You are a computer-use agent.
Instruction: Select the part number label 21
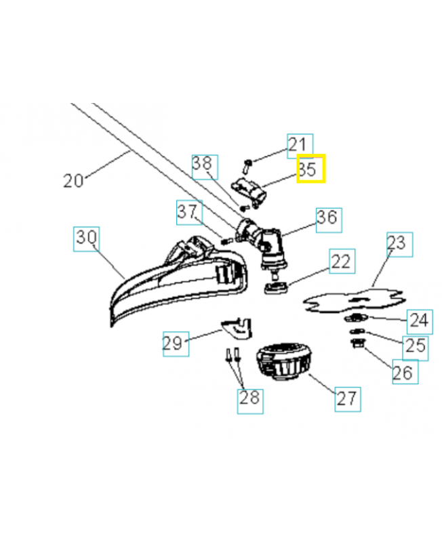click(x=299, y=145)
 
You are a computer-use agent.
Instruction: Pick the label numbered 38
click(x=204, y=165)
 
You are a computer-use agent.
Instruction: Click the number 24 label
click(x=418, y=319)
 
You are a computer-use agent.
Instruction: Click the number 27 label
click(x=347, y=398)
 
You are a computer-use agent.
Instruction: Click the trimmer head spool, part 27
click(x=283, y=363)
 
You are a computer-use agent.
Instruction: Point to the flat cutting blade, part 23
click(x=353, y=297)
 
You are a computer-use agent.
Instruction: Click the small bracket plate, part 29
click(x=235, y=328)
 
